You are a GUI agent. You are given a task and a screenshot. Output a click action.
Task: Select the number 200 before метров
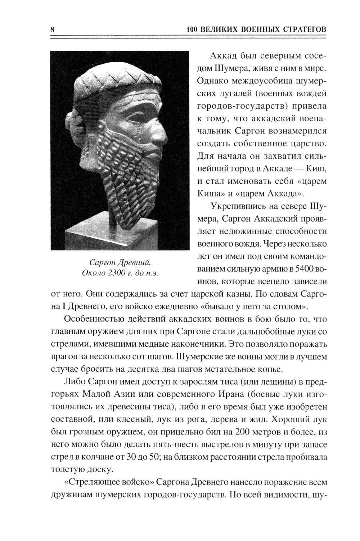coord(241,431)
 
